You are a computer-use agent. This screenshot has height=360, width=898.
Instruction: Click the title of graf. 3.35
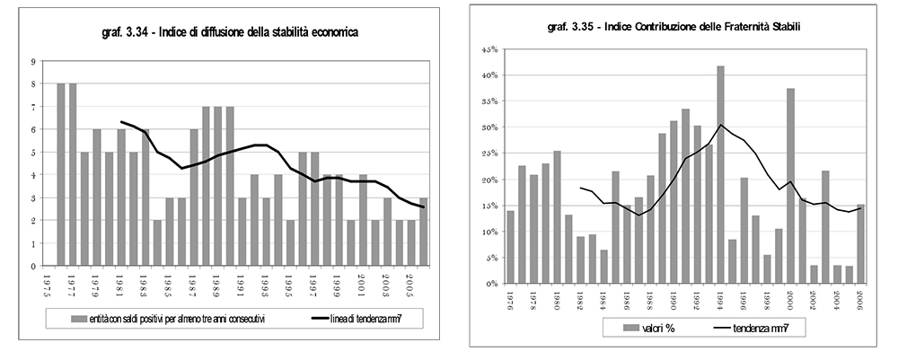673,28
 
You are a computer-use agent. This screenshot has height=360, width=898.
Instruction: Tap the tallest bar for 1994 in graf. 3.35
720,174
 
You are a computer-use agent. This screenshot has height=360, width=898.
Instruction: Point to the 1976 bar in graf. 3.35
511,247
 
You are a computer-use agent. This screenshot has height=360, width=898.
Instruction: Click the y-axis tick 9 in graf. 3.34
32,61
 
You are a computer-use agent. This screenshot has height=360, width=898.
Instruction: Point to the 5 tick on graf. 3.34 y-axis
32,153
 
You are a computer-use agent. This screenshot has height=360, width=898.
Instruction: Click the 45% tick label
489,49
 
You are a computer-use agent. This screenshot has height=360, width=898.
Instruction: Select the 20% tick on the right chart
489,180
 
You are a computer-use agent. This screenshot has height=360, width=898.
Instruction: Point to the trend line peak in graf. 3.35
721,125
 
